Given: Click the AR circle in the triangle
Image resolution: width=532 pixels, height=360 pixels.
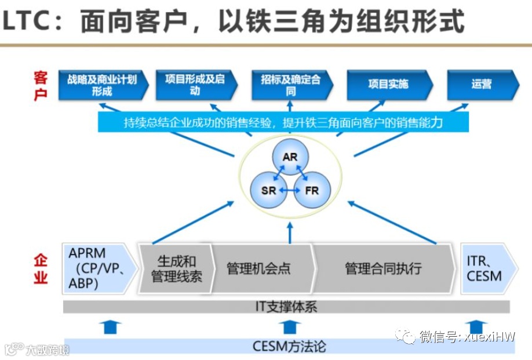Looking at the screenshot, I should click(x=290, y=157).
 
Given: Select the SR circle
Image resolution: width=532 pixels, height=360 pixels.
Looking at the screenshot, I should click(x=269, y=190).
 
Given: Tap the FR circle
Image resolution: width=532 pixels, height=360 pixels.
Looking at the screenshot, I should click(x=312, y=190).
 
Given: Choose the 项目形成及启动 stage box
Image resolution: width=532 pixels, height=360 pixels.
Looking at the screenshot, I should click(x=195, y=85).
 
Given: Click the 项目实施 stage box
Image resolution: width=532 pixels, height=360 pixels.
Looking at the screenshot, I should click(x=388, y=85).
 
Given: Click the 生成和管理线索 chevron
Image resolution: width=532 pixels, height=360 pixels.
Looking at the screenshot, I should click(x=174, y=268).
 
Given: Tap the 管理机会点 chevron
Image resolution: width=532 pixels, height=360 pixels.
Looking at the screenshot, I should click(x=259, y=268).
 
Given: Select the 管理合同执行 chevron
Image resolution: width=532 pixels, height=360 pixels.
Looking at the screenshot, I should click(x=384, y=268).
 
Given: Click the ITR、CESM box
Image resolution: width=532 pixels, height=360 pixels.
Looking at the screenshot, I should click(x=485, y=268).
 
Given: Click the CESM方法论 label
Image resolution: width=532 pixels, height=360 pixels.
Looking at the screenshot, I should click(x=289, y=346).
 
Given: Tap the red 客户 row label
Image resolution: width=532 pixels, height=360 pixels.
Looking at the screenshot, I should click(x=41, y=85).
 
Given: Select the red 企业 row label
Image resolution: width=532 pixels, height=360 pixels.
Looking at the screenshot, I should click(x=41, y=268).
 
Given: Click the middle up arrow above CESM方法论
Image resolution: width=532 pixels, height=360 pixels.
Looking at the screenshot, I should click(x=288, y=327).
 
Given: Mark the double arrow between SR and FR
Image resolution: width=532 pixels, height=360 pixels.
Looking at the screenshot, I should click(x=290, y=190).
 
